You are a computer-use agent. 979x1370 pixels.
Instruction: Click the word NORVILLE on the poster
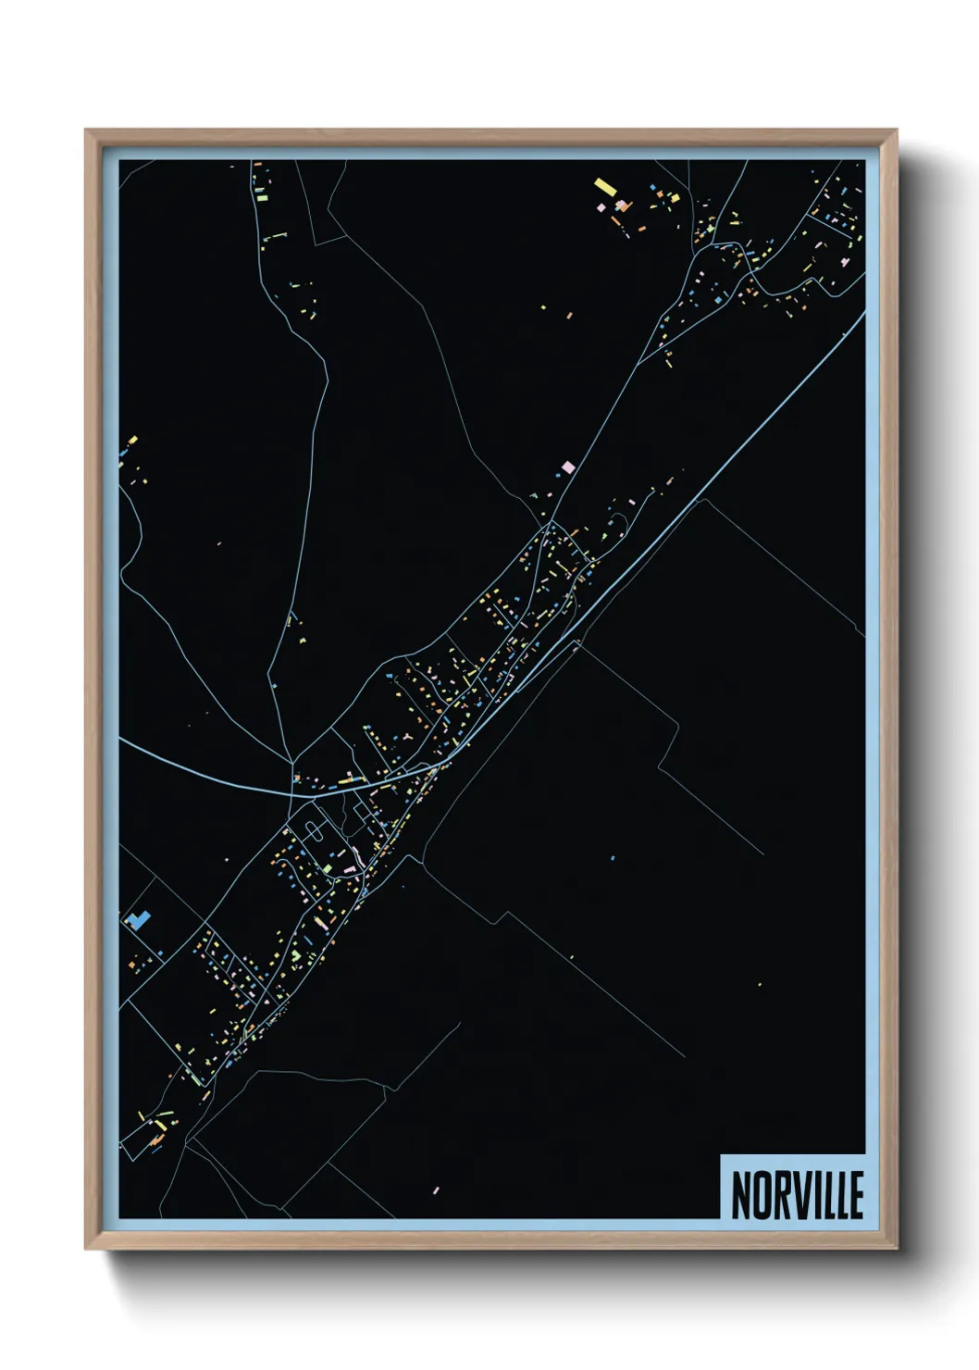797,1194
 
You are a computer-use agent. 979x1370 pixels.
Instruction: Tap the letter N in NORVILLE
741,1194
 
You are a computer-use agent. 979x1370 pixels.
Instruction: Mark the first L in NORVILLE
832,1194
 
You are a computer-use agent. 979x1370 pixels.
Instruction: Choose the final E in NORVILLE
857,1194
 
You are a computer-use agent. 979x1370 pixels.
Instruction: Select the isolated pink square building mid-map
568,467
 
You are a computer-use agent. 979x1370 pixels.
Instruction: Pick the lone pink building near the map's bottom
436,1189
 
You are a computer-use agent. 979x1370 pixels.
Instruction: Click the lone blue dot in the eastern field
613,858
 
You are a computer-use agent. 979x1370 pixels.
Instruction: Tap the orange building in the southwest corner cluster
159,1125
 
